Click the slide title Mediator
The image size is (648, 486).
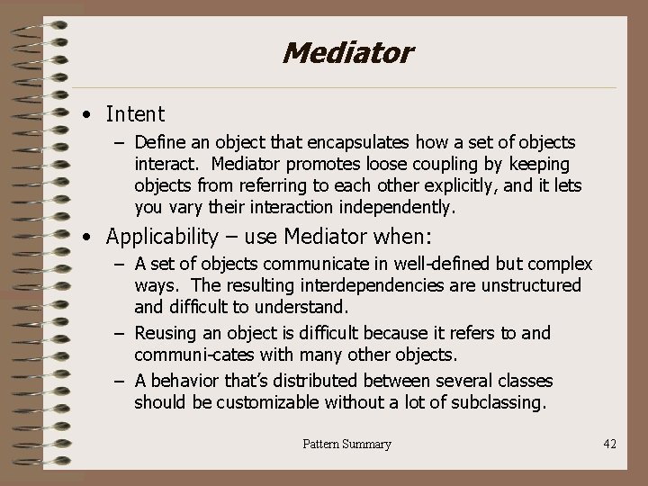point(347,53)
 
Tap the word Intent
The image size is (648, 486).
point(135,114)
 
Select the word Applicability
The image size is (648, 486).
point(162,237)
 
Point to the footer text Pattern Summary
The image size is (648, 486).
point(346,445)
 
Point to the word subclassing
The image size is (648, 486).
point(495,402)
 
